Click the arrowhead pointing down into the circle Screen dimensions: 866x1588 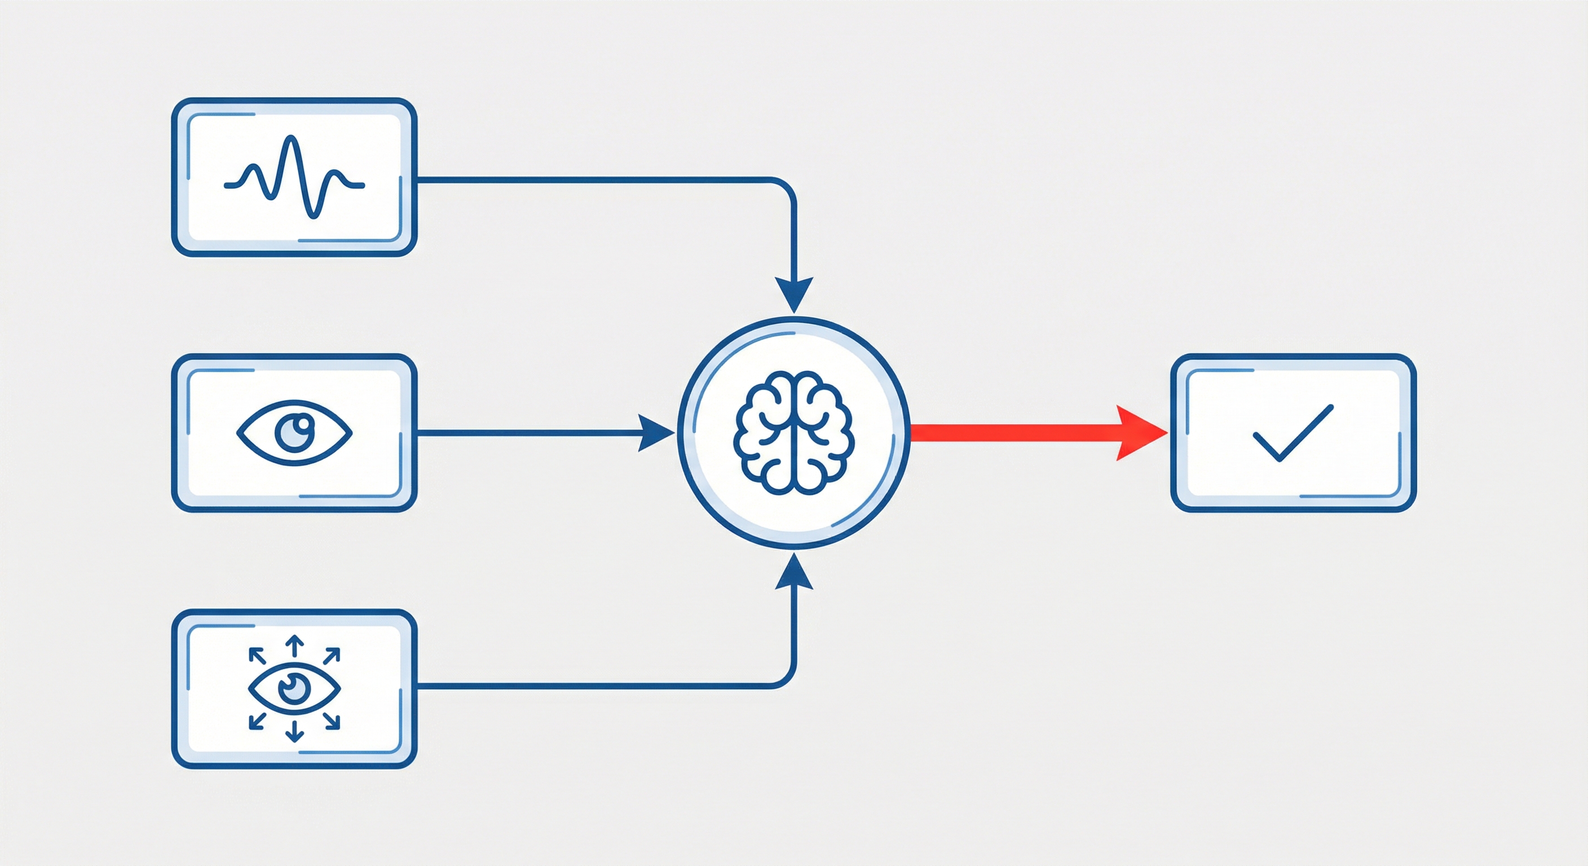794,295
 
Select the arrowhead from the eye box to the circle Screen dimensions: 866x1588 655,434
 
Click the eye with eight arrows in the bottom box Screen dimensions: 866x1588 294,688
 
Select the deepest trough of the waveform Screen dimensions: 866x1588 315,215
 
